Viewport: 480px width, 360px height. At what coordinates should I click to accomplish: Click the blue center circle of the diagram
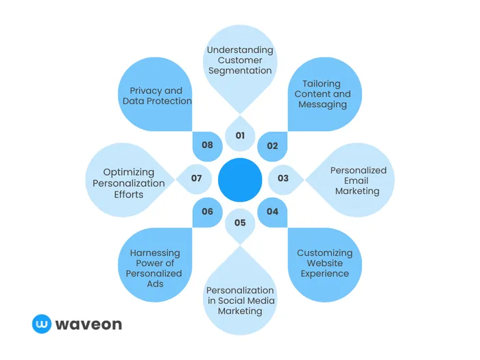tap(240, 180)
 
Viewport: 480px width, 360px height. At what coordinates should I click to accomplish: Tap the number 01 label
tap(240, 136)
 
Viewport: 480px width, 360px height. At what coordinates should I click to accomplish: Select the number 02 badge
tap(272, 145)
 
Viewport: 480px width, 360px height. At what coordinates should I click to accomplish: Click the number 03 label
tap(283, 178)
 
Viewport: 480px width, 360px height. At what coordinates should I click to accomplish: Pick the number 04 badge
tap(272, 211)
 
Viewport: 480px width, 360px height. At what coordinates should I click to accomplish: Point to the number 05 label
tap(240, 222)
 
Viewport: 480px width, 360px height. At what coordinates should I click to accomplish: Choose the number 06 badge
tap(208, 211)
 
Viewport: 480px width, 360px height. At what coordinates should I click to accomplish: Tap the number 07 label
tap(197, 178)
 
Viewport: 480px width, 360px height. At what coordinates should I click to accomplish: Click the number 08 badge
tap(208, 145)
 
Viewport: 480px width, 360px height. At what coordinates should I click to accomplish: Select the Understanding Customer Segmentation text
tap(240, 60)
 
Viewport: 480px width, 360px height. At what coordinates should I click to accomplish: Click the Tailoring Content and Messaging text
tap(322, 94)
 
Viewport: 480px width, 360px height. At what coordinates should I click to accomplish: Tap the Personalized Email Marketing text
tap(358, 180)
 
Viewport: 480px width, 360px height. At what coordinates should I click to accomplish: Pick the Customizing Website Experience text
tap(324, 263)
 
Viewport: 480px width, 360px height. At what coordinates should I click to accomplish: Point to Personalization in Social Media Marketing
tap(240, 300)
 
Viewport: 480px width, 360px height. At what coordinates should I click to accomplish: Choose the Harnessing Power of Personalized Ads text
tap(155, 268)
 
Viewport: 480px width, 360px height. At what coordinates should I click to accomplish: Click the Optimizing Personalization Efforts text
tap(129, 183)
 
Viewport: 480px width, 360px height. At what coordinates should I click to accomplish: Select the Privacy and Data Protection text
tap(157, 96)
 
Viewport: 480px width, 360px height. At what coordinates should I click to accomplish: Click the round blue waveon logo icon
tap(42, 324)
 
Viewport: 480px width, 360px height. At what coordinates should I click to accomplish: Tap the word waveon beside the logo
tap(88, 324)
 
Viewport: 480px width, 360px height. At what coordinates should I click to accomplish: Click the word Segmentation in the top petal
tap(240, 71)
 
